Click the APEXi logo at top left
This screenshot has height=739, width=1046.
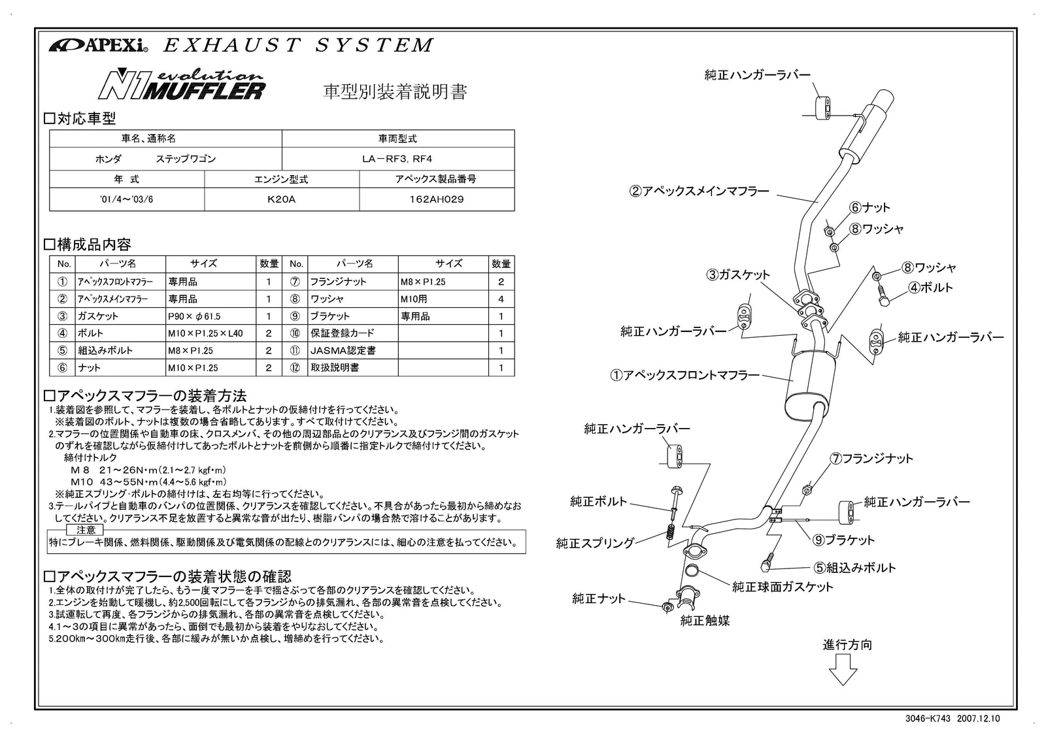click(x=98, y=46)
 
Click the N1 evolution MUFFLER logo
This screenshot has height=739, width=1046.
click(x=181, y=86)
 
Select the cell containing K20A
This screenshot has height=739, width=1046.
click(x=282, y=199)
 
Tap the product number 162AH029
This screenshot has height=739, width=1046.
click(x=437, y=199)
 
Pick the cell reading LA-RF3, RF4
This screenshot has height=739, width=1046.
click(x=397, y=159)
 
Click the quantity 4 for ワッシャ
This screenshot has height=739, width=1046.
click(x=501, y=299)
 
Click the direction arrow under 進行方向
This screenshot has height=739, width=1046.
click(x=843, y=670)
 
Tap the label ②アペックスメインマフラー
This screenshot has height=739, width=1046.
click(x=700, y=192)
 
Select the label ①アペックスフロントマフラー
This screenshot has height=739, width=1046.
click(x=685, y=376)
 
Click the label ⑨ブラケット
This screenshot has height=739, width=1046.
click(x=843, y=540)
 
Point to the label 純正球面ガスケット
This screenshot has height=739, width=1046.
click(x=783, y=587)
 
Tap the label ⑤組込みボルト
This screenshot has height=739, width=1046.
click(x=854, y=568)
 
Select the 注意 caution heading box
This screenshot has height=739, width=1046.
click(x=86, y=530)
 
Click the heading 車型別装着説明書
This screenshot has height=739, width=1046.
click(x=396, y=92)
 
